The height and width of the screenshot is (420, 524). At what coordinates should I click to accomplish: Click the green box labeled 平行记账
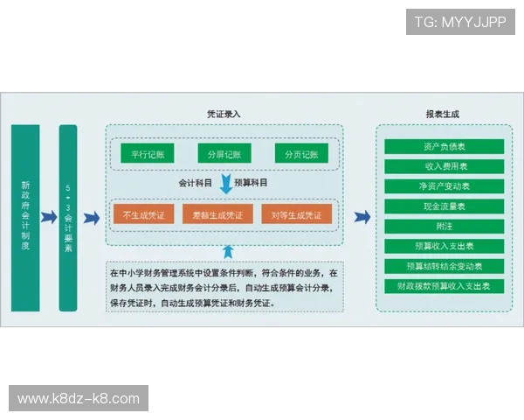pos(148,154)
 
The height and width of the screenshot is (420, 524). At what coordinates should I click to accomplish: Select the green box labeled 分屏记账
pos(224,154)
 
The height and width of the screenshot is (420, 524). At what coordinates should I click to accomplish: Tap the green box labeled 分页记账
pos(301,154)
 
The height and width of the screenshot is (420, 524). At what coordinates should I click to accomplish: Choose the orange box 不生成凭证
pos(142,214)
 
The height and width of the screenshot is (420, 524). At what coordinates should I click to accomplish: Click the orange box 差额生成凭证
pos(218,214)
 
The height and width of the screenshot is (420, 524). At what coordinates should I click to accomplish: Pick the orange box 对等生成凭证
pos(296,214)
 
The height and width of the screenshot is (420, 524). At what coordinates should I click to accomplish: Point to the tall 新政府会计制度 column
pos(25,216)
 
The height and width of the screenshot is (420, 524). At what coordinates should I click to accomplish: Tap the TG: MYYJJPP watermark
pos(459,21)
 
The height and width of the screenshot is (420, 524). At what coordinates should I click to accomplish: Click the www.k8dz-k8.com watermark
pos(79,399)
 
